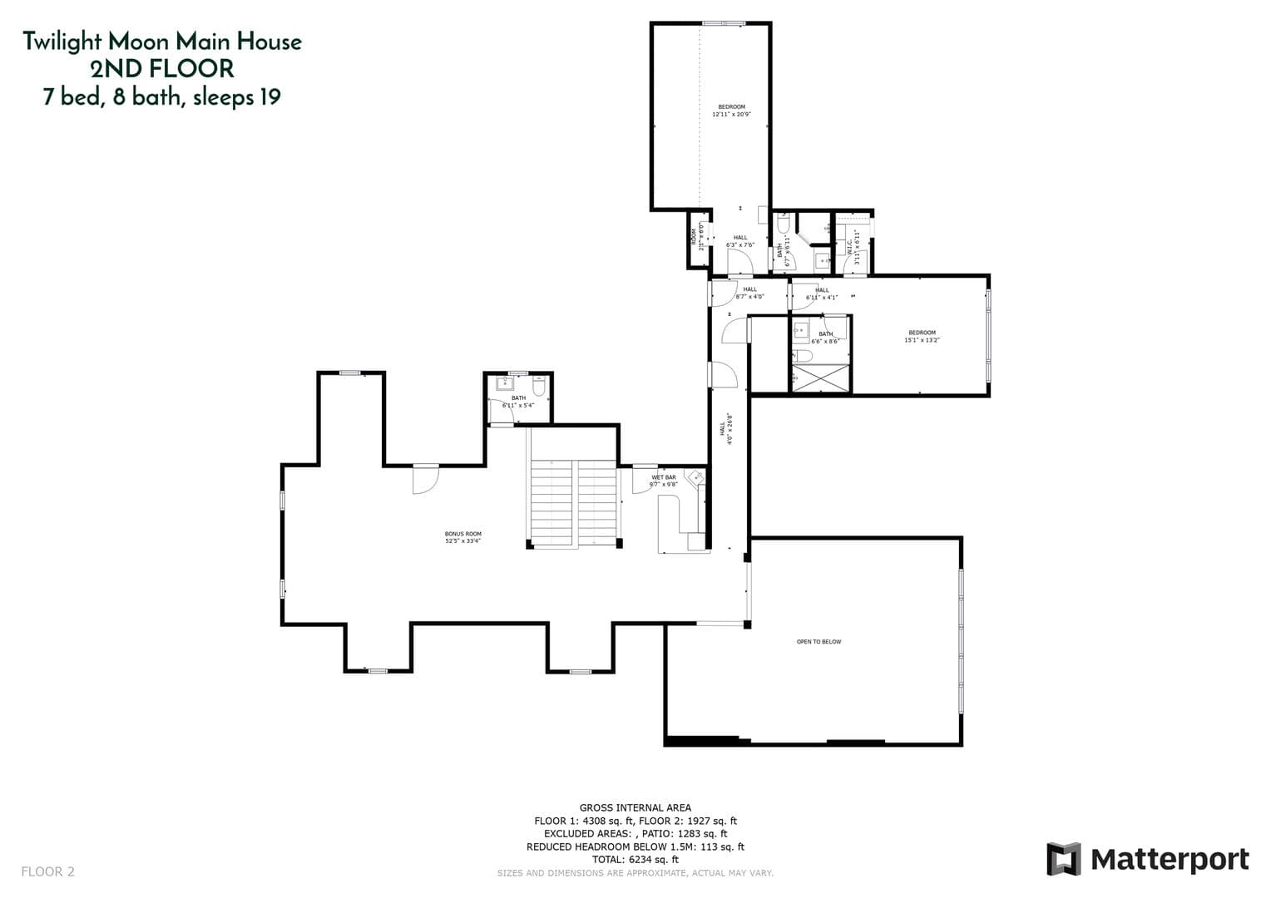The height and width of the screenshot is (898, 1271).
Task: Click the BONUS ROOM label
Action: pyautogui.click(x=462, y=537)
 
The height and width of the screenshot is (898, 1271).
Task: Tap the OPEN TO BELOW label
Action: pyautogui.click(x=818, y=642)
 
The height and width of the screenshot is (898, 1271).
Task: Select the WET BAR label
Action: pyautogui.click(x=664, y=481)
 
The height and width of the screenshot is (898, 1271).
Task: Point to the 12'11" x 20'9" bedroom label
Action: pyautogui.click(x=731, y=111)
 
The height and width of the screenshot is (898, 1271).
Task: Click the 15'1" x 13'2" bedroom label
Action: pyautogui.click(x=922, y=336)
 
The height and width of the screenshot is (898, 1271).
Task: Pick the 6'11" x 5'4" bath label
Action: pyautogui.click(x=518, y=402)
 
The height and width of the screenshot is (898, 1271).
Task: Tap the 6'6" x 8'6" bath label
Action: pyautogui.click(x=825, y=337)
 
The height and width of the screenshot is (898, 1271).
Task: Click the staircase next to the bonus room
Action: pyautogui.click(x=574, y=503)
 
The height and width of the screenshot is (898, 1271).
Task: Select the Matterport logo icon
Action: pyautogui.click(x=1063, y=859)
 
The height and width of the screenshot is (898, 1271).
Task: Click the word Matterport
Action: pyautogui.click(x=1170, y=859)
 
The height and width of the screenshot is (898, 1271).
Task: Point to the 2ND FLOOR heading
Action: pyautogui.click(x=162, y=68)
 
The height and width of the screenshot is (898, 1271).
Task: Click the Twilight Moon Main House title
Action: pyautogui.click(x=162, y=41)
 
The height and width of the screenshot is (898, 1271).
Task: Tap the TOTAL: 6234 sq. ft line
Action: pyautogui.click(x=635, y=860)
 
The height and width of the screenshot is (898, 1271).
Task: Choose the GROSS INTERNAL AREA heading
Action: pyautogui.click(x=635, y=807)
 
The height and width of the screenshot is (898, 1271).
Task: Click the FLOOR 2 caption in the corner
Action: pyautogui.click(x=47, y=871)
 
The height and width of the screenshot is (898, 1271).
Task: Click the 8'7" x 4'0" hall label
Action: pyautogui.click(x=749, y=293)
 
